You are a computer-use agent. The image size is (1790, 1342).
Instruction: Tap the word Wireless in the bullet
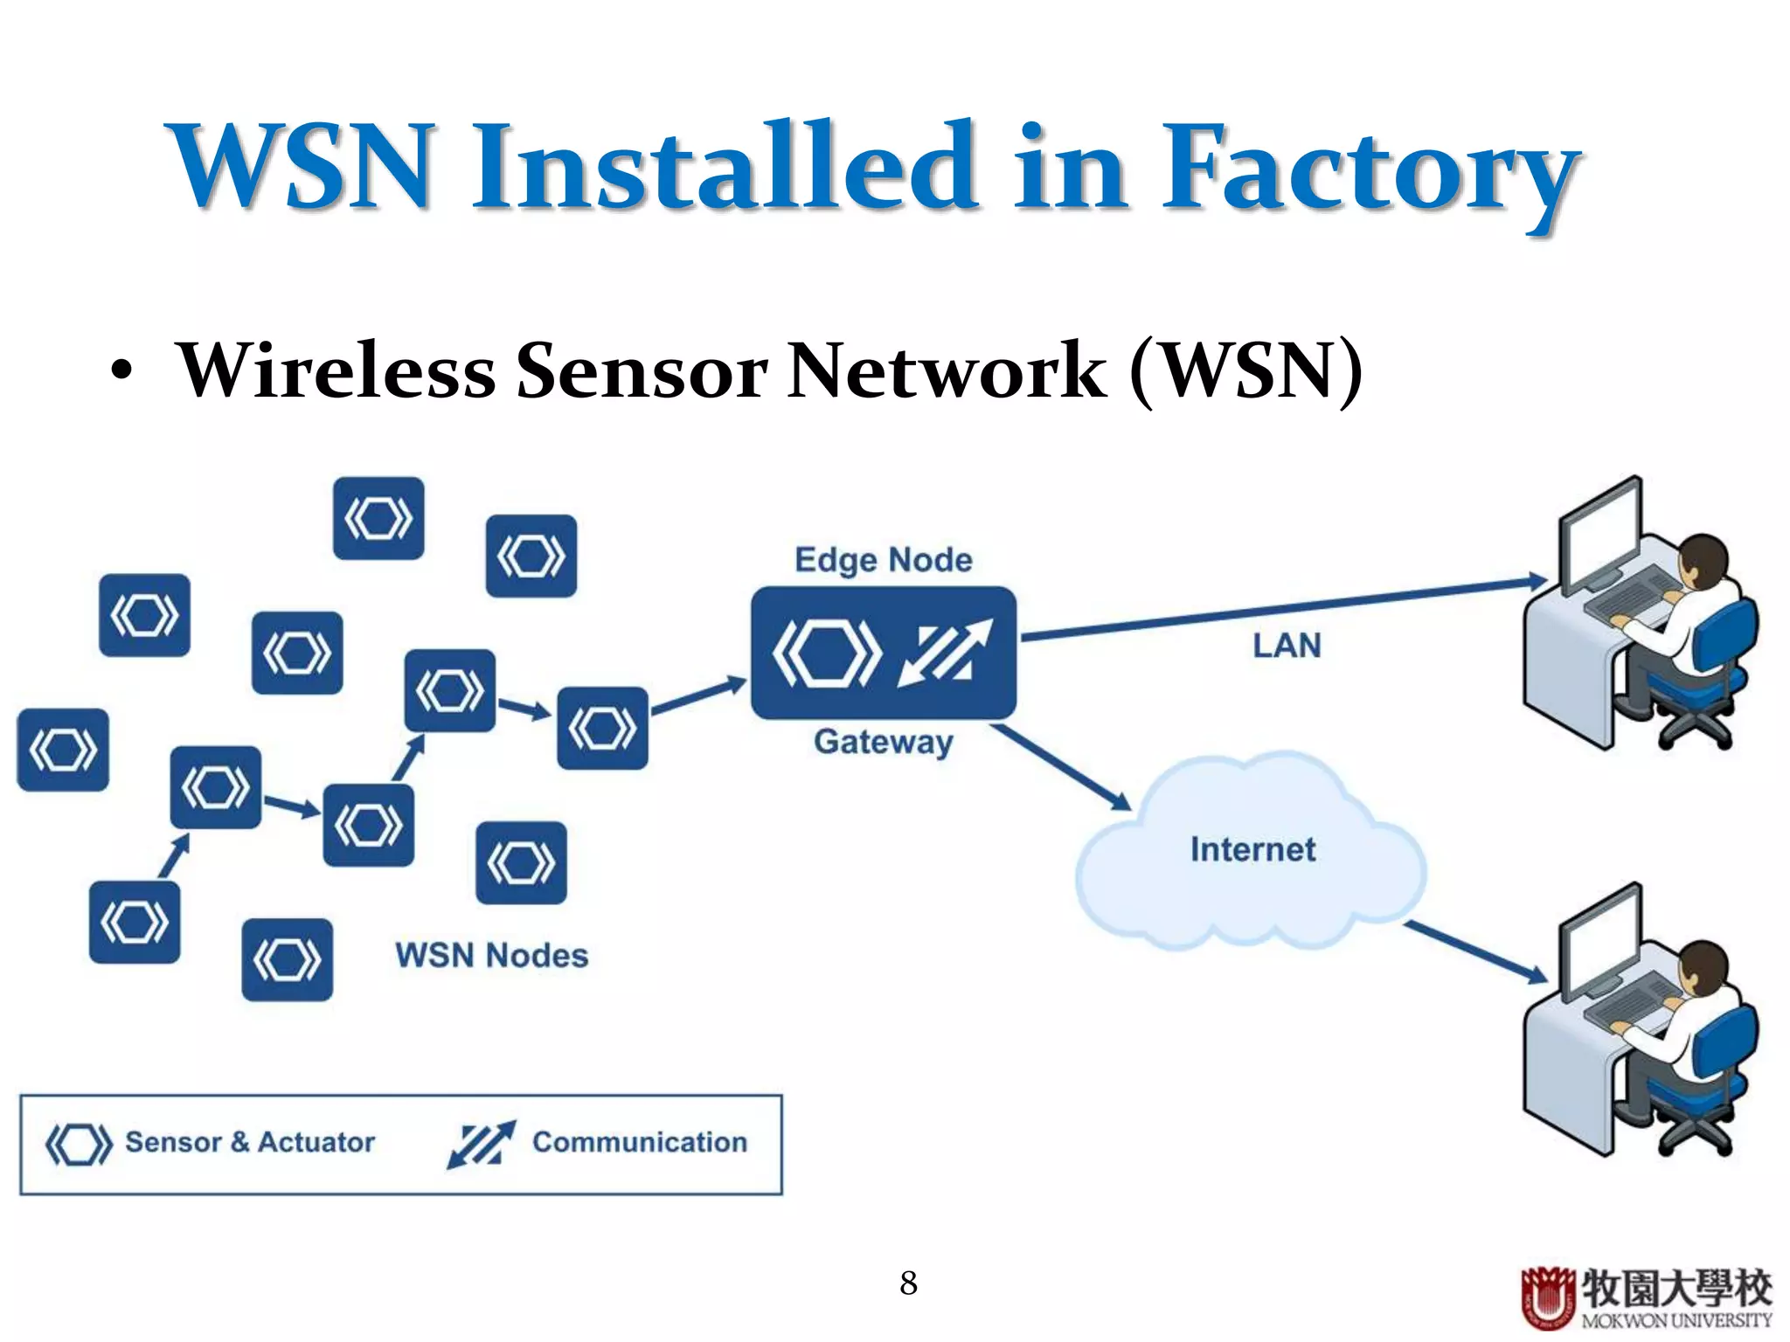coord(336,370)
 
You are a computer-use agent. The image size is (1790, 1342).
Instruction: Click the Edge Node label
coord(883,560)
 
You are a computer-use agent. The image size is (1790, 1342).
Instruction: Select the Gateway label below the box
coord(883,742)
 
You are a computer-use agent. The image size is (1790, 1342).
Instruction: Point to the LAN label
coord(1287,646)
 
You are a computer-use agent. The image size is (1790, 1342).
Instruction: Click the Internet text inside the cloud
coord(1252,849)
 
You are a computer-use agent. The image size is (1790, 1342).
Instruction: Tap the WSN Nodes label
coord(491,955)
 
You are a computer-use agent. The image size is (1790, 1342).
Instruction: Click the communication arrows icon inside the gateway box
coord(946,653)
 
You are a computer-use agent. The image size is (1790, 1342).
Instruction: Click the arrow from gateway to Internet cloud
coord(1062,767)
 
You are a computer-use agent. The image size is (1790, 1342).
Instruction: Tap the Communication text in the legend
coord(640,1142)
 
